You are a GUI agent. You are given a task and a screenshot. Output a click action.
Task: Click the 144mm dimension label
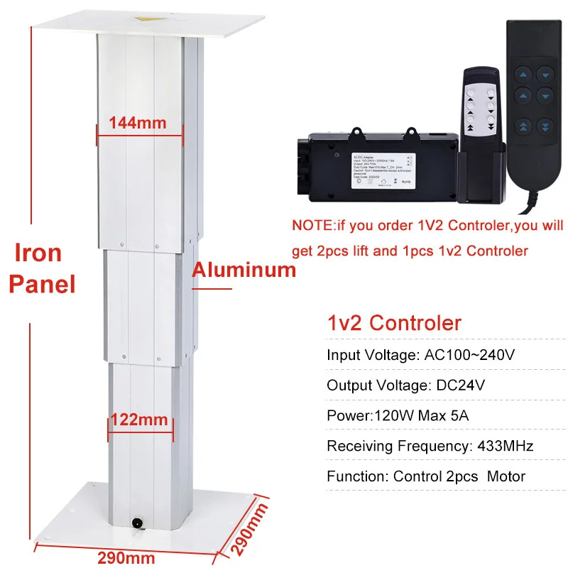[137, 123]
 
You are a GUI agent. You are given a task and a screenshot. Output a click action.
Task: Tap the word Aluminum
[244, 270]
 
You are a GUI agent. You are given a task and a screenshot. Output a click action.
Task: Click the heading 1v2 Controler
[394, 323]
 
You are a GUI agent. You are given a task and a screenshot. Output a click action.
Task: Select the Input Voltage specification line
[420, 355]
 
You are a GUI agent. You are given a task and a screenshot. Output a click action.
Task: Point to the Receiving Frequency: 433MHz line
[430, 446]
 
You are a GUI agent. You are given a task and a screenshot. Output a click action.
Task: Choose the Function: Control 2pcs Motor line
[426, 476]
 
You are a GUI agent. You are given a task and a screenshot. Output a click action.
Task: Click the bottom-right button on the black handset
[545, 126]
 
